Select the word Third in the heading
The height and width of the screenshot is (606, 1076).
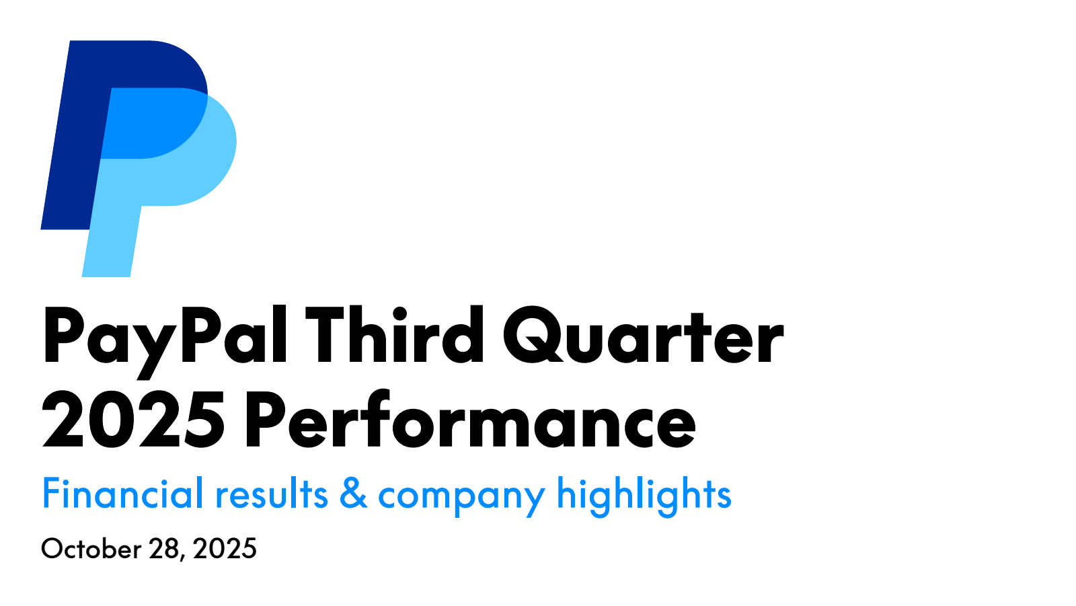[x=395, y=336]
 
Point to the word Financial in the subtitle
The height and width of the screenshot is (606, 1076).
[x=122, y=494]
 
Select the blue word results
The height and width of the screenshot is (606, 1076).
[x=272, y=496]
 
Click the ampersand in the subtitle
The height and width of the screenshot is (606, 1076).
[x=353, y=494]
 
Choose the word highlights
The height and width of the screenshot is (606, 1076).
[x=644, y=496]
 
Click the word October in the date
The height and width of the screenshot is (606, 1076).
[x=91, y=549]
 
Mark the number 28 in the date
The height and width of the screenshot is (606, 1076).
[x=165, y=549]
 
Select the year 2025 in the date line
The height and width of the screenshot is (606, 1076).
[x=225, y=549]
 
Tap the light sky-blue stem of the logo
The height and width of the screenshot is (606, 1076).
[x=111, y=242]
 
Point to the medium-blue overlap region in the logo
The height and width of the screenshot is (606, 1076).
[x=148, y=124]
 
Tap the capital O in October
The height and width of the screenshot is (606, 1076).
[x=52, y=549]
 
